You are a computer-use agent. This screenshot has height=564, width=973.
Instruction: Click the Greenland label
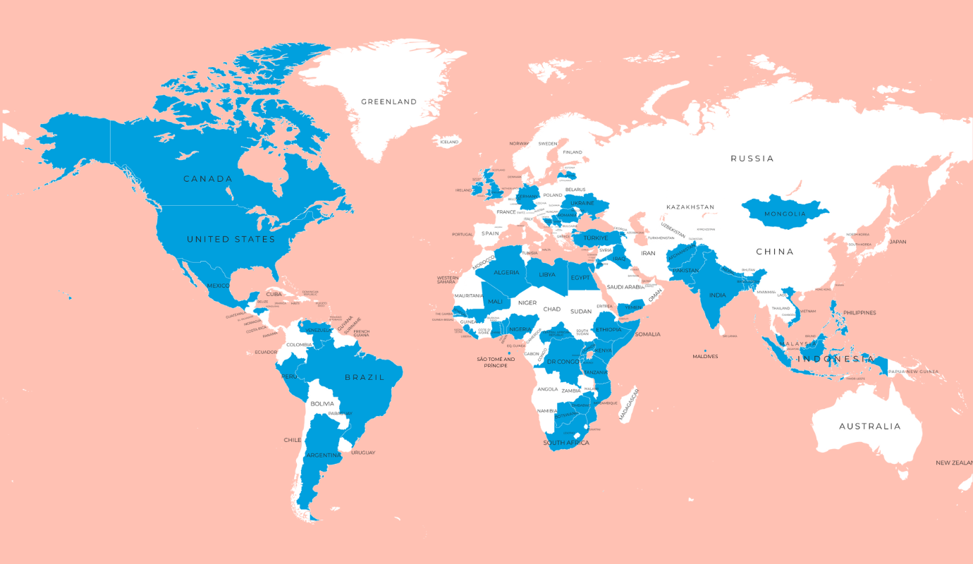point(388,102)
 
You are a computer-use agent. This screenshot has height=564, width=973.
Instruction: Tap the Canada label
point(208,179)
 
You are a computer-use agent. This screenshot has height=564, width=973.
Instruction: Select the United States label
point(231,240)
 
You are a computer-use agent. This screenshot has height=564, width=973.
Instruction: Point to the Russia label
point(752,159)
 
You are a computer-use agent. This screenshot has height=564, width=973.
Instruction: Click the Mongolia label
point(785,214)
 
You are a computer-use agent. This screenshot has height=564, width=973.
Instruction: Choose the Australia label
point(869,427)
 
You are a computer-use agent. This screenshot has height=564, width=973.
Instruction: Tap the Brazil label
point(365,378)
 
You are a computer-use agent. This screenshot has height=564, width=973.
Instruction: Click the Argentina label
point(324,455)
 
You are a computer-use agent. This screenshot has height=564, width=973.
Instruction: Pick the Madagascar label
point(628,404)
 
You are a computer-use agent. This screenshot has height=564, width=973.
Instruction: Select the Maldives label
point(705,357)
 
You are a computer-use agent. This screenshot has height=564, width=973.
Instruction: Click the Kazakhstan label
point(690,207)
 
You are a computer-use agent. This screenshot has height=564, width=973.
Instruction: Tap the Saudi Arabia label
point(625,287)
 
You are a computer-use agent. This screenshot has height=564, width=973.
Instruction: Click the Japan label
point(898,242)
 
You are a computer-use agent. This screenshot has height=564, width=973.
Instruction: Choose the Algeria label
point(506,273)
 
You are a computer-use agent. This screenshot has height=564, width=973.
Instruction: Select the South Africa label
point(565,443)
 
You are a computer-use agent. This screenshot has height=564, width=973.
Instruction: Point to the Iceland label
point(449,142)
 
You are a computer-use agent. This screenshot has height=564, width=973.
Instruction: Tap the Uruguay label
point(362,453)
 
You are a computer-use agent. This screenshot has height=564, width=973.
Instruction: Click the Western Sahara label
point(448,280)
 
